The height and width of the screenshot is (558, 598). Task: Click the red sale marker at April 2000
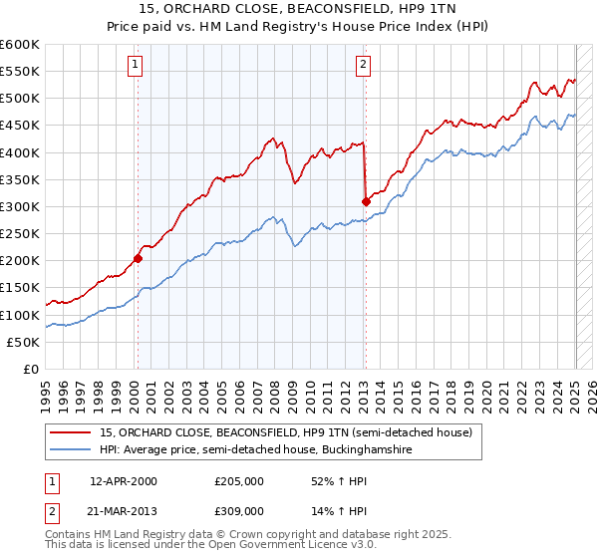pyautogui.click(x=138, y=258)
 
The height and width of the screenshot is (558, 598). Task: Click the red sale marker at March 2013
pyautogui.click(x=366, y=201)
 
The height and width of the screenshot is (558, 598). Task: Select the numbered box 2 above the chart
pyautogui.click(x=363, y=65)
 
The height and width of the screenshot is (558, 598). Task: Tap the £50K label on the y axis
pyautogui.click(x=24, y=342)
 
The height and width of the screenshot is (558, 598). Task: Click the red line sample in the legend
pyautogui.click(x=72, y=432)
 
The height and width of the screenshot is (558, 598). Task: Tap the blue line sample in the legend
pyautogui.click(x=72, y=449)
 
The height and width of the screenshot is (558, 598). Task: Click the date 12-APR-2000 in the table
pyautogui.click(x=124, y=481)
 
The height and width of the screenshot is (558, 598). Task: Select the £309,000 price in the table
pyautogui.click(x=238, y=510)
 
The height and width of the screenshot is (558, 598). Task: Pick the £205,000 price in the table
pyautogui.click(x=238, y=481)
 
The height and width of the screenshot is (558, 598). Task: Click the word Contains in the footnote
pyautogui.click(x=71, y=534)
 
